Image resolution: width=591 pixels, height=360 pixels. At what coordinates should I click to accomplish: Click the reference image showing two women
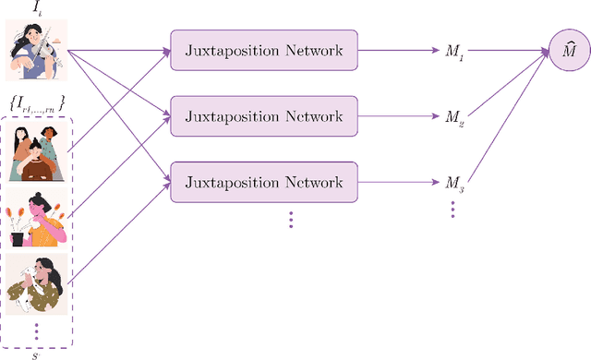(x=36, y=150)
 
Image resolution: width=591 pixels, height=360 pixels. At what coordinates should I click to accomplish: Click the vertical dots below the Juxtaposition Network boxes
(x=290, y=219)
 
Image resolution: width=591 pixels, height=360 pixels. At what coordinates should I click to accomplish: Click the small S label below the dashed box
(x=36, y=353)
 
